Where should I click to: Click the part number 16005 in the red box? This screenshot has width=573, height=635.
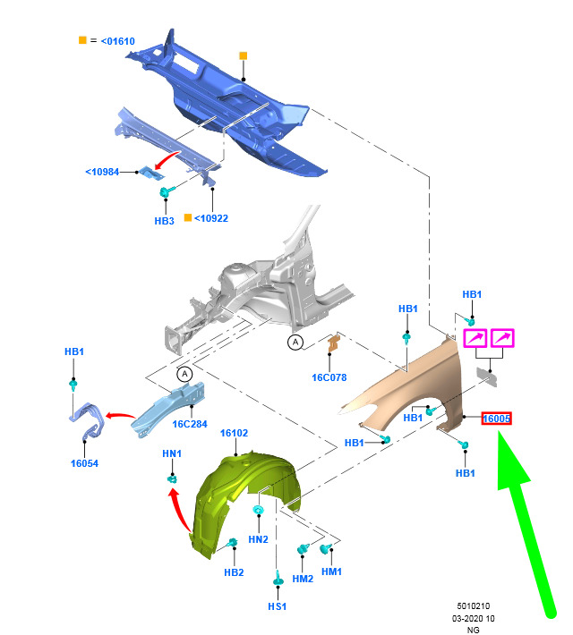(496, 419)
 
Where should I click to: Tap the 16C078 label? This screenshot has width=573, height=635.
(329, 377)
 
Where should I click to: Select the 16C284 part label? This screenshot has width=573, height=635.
(190, 424)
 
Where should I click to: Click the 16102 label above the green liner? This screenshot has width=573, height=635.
(234, 433)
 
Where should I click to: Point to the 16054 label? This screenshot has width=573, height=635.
(84, 463)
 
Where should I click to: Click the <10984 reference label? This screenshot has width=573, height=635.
(102, 172)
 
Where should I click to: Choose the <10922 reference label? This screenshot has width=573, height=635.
(211, 218)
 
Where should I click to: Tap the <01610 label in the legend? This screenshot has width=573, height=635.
(117, 41)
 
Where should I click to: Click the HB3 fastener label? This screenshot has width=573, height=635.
(164, 221)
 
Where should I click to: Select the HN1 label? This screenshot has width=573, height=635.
(172, 453)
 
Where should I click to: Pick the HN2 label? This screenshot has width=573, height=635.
(259, 539)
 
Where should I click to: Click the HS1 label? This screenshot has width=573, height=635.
(278, 606)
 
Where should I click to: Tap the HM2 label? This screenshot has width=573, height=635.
(303, 579)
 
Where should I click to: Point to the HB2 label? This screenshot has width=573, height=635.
(234, 572)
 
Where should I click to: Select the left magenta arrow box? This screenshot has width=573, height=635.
(475, 338)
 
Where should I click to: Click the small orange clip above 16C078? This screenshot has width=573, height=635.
(333, 343)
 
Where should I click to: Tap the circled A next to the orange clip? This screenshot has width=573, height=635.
(295, 343)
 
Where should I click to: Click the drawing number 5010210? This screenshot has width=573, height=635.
(474, 605)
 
